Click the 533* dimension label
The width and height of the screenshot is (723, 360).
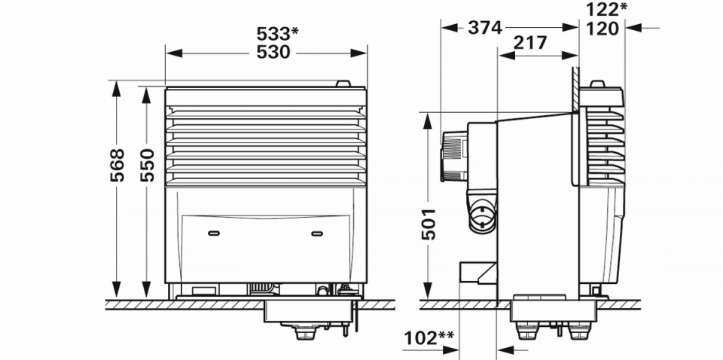[x=278, y=33]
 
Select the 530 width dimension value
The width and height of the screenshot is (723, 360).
[x=273, y=53]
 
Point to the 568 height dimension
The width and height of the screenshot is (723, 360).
[x=117, y=165]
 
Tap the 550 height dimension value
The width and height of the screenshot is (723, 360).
[x=147, y=165]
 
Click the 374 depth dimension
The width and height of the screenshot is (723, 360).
[x=484, y=28]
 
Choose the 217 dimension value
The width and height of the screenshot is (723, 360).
[x=529, y=43]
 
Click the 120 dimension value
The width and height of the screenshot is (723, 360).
[x=602, y=29]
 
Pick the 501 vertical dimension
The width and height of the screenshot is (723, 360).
[x=429, y=224]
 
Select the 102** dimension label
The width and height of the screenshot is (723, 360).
[x=429, y=338]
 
